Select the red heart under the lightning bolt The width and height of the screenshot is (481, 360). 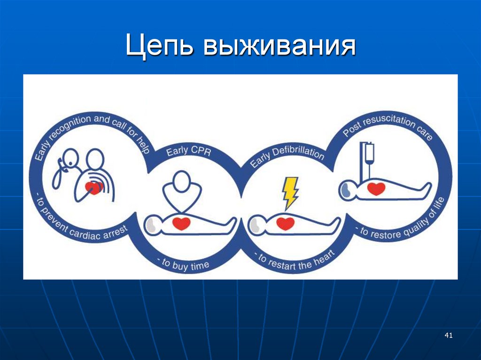click(x=285, y=223)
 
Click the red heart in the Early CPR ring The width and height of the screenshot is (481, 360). click(x=181, y=223)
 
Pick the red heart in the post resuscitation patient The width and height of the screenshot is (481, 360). click(x=376, y=189)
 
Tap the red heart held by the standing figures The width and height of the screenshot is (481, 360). click(x=94, y=188)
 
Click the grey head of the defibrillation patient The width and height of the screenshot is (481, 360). click(x=256, y=224)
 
